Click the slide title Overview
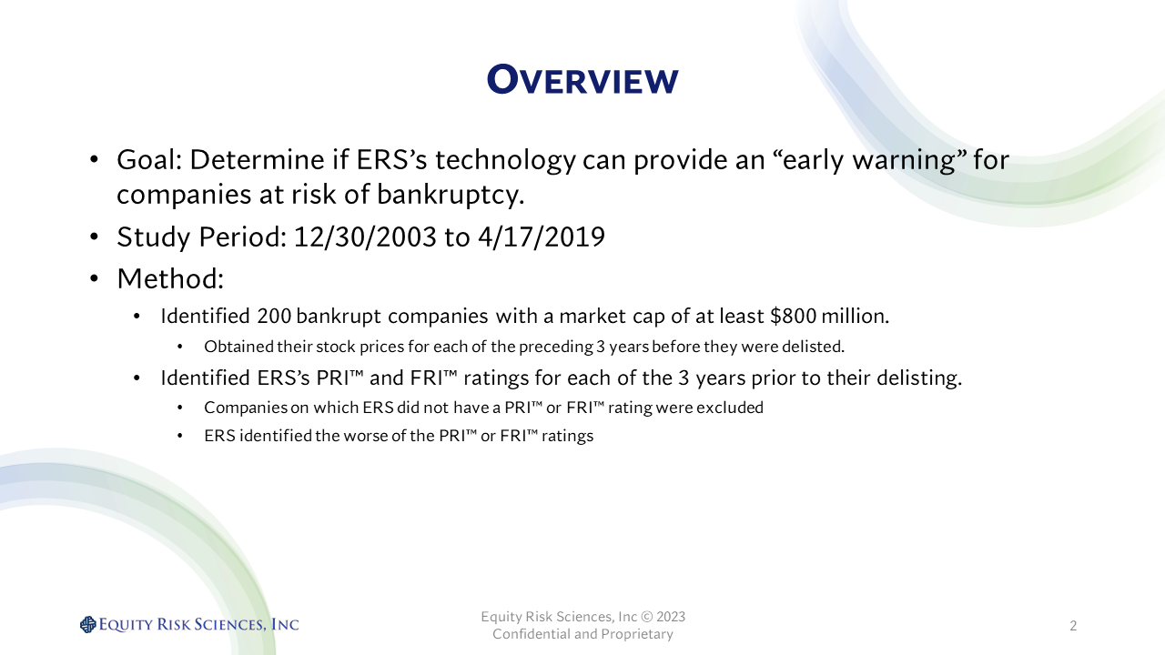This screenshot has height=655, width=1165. pyautogui.click(x=582, y=79)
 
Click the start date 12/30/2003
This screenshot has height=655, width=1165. pyautogui.click(x=365, y=237)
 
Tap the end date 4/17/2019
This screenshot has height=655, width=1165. pyautogui.click(x=542, y=237)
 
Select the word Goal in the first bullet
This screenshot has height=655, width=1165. pyautogui.click(x=146, y=159)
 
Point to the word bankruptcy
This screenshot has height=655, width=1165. pyautogui.click(x=450, y=195)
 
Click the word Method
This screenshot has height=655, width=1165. pyautogui.click(x=167, y=278)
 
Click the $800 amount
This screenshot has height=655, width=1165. pyautogui.click(x=793, y=316)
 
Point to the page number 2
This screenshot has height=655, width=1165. pyautogui.click(x=1073, y=625)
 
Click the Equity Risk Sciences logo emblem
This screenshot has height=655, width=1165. pyautogui.click(x=88, y=624)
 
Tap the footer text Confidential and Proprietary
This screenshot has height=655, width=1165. pyautogui.click(x=582, y=634)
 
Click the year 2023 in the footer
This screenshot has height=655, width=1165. pyautogui.click(x=671, y=617)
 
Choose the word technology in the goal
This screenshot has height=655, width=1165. pyautogui.click(x=505, y=159)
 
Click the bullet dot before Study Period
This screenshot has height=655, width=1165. pyautogui.click(x=94, y=237)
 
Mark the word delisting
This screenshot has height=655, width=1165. pyautogui.click(x=919, y=378)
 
